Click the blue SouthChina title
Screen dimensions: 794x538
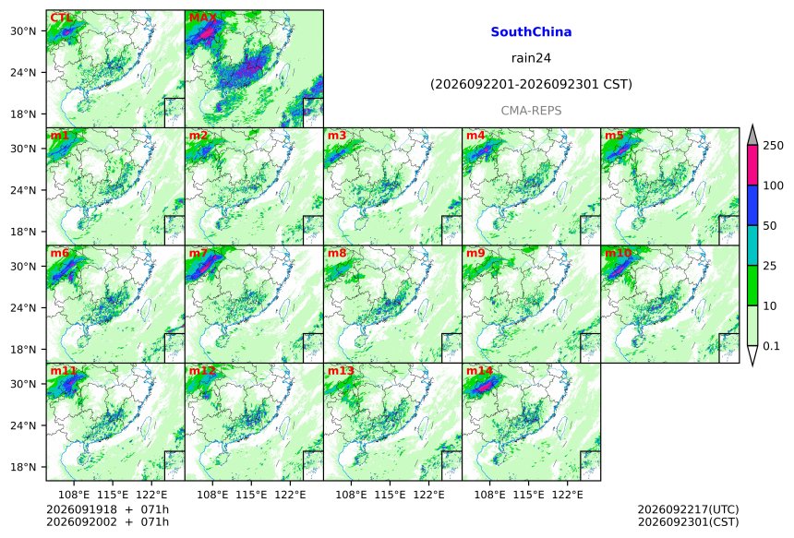pyautogui.click(x=531, y=32)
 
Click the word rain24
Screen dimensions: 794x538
pyautogui.click(x=531, y=58)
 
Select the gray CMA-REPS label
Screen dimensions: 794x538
pyautogui.click(x=531, y=111)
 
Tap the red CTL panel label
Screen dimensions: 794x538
pyautogui.click(x=61, y=18)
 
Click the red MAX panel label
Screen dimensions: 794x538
pyautogui.click(x=202, y=18)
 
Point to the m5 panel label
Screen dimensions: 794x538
pyautogui.click(x=614, y=136)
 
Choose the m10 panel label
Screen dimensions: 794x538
pyautogui.click(x=618, y=253)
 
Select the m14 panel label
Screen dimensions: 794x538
pyautogui.click(x=479, y=371)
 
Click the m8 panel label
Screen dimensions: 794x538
pyautogui.click(x=337, y=253)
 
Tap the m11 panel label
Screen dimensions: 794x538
pyautogui.click(x=64, y=371)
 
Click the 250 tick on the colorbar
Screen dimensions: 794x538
pyautogui.click(x=773, y=146)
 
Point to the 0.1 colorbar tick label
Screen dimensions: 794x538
pyautogui.click(x=771, y=346)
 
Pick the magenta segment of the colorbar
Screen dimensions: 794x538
pyautogui.click(x=752, y=165)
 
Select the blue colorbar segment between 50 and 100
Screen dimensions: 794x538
pyautogui.click(x=752, y=205)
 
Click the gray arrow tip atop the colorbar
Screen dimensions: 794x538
pyautogui.click(x=752, y=125)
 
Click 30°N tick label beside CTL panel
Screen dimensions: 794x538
pyautogui.click(x=23, y=31)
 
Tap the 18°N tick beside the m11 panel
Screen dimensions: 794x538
pyautogui.click(x=23, y=467)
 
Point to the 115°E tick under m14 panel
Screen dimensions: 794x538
pyautogui.click(x=529, y=494)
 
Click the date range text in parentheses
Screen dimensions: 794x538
pyautogui.click(x=531, y=84)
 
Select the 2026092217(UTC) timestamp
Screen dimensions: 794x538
pyautogui.click(x=688, y=509)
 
